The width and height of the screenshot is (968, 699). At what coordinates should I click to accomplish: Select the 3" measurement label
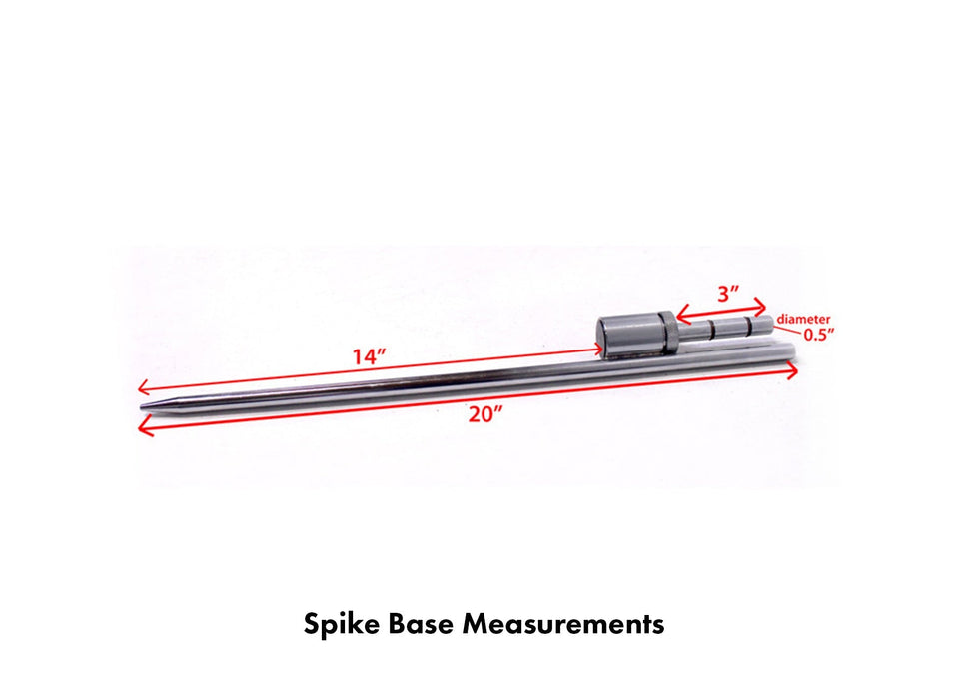click(729, 295)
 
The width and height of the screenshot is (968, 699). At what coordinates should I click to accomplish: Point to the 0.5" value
click(817, 336)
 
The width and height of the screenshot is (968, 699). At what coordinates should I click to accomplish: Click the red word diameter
click(803, 319)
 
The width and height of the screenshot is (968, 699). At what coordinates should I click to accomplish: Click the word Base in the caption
click(427, 625)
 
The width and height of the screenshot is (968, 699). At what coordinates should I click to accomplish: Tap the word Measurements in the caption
click(564, 625)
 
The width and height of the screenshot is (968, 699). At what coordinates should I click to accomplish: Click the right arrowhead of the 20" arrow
click(796, 371)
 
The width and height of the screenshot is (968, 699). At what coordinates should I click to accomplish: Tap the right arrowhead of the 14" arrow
click(601, 349)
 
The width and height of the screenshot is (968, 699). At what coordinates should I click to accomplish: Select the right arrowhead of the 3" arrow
click(763, 307)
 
